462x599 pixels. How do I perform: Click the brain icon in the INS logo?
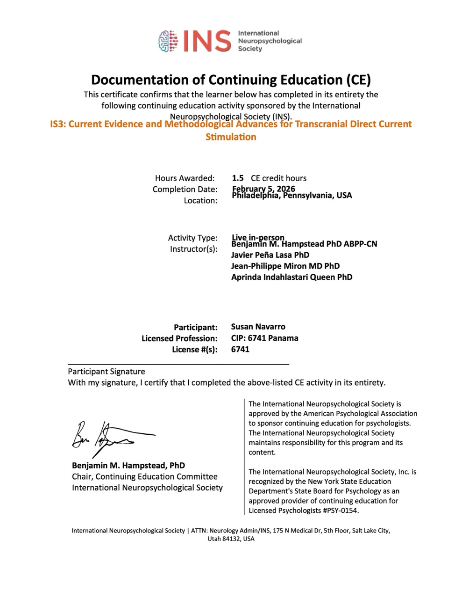coord(169,41)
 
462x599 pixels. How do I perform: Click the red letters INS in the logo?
coord(206,41)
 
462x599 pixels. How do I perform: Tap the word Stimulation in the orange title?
coord(231,137)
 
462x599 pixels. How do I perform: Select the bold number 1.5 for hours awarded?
coord(238,178)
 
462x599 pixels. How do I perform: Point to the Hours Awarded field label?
coord(185,178)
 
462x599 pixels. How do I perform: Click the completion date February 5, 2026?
coord(263,189)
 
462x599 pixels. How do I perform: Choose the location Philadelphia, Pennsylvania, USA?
coord(292,196)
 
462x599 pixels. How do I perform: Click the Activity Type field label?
coord(192,238)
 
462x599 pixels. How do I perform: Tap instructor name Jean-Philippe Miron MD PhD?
coord(285,266)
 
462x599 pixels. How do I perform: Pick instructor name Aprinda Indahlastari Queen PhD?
coord(291,277)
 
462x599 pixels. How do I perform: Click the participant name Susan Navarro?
coord(258,327)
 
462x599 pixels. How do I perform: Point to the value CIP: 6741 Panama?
coord(264,338)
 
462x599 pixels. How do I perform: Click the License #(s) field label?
coord(195,349)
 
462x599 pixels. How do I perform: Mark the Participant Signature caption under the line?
coord(107,372)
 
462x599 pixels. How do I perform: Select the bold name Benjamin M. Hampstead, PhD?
coord(128,466)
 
